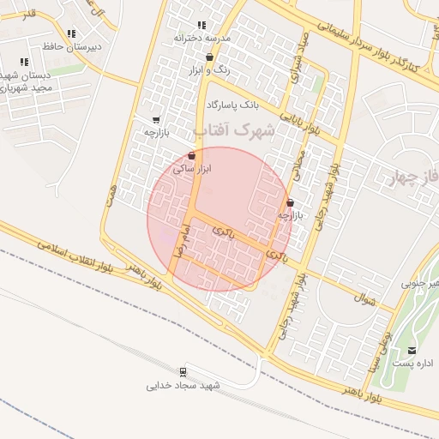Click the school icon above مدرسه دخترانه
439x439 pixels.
pyautogui.click(x=201, y=26)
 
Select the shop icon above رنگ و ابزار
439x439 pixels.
pyautogui.click(x=209, y=57)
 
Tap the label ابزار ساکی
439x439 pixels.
pyautogui.click(x=192, y=170)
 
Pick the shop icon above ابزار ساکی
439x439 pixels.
pyautogui.click(x=190, y=155)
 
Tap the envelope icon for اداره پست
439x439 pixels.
pyautogui.click(x=412, y=350)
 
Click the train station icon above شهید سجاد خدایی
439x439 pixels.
pyautogui.click(x=183, y=371)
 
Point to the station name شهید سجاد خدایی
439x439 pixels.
pyautogui.click(x=183, y=385)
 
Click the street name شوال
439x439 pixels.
pyautogui.click(x=364, y=299)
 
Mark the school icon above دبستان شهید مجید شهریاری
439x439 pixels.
pyautogui.click(x=24, y=62)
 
